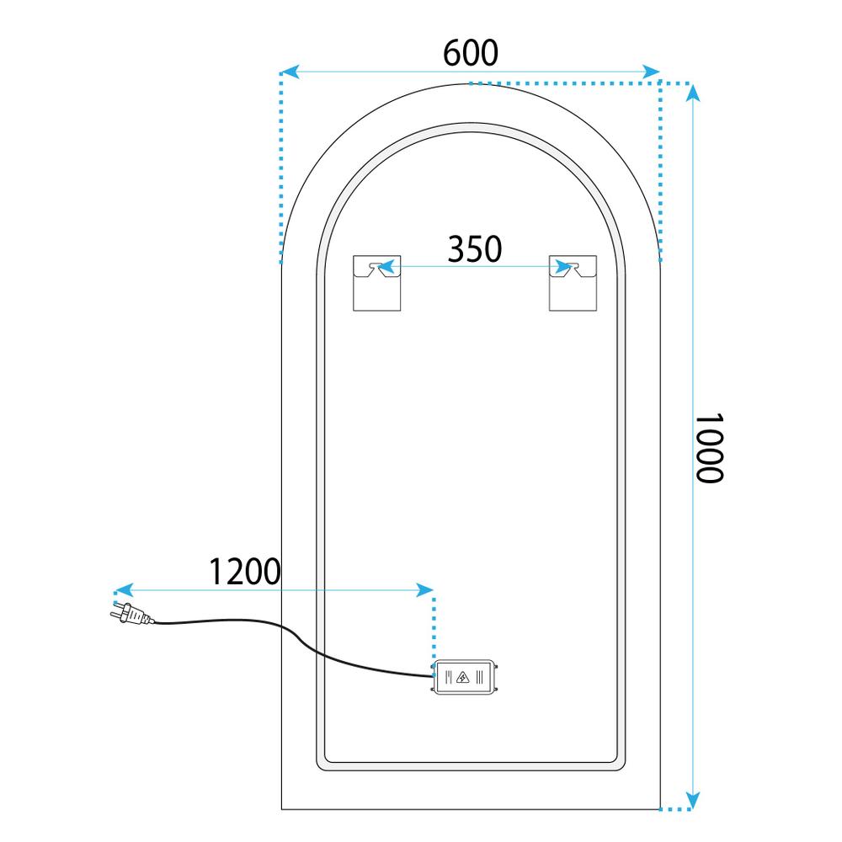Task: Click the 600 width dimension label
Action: coord(471,53)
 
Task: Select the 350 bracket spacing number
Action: coord(474,249)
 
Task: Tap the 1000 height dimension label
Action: coord(708,447)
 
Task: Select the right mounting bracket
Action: coord(572,282)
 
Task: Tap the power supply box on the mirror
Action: coord(466,677)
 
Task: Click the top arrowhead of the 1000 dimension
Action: coord(692,93)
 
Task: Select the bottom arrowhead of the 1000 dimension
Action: coord(692,799)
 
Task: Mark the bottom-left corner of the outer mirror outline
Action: coord(280,809)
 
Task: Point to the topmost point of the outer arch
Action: coord(470,84)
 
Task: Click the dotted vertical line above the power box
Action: coord(434,627)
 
